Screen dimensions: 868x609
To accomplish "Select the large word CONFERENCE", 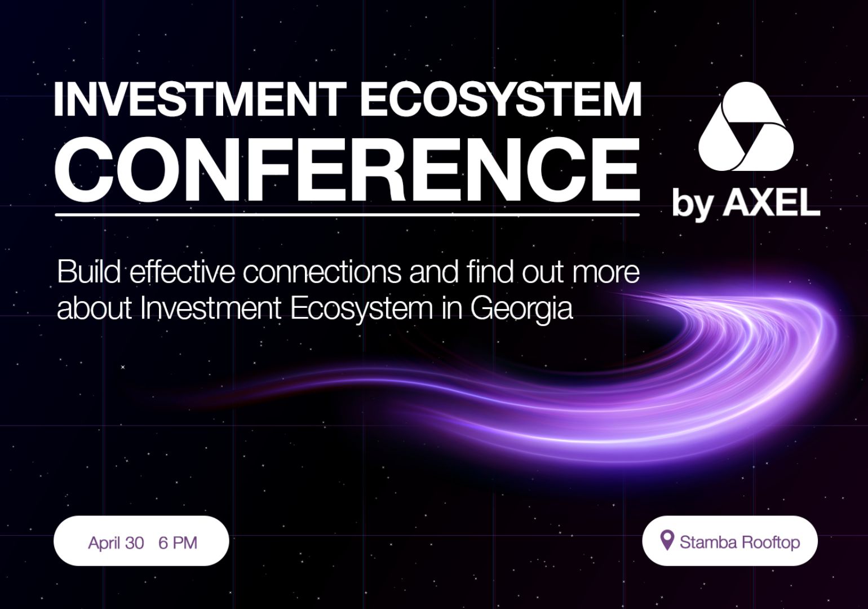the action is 347,170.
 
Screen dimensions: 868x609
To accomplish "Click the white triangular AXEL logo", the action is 746,127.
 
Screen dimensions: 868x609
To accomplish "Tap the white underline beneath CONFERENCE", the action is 347,214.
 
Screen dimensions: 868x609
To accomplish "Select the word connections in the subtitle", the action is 322,272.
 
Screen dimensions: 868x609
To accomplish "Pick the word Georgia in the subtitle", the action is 521,309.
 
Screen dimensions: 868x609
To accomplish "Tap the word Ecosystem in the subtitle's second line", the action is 361,309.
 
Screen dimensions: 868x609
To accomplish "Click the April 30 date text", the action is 116,542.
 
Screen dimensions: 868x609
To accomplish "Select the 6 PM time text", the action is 178,542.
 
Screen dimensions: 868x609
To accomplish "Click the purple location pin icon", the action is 666,540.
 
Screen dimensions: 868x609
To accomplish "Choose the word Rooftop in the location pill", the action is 771,542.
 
